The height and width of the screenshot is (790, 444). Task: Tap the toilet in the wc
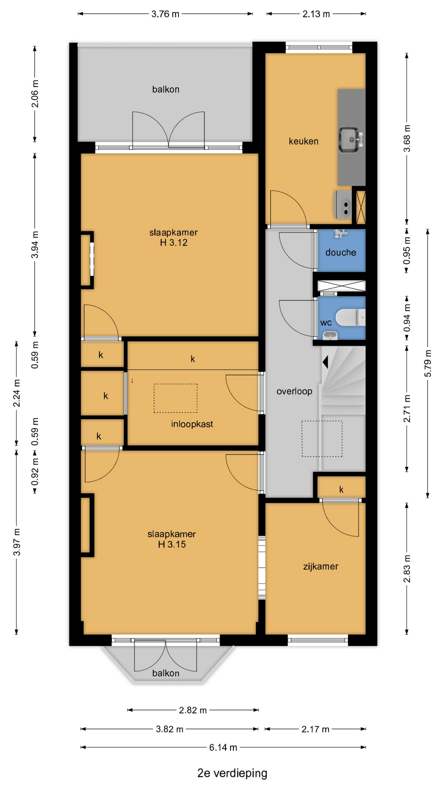coord(350,318)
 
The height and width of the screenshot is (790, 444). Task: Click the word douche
coord(341,252)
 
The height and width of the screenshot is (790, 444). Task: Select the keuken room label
coord(303,141)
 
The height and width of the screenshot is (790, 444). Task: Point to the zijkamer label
coord(321,566)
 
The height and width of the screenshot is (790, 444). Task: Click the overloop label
coord(294,391)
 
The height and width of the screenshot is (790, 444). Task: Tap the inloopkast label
coord(192,424)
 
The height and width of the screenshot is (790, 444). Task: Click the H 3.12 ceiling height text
coord(173,243)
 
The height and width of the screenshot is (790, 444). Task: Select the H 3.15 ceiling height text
coord(172,544)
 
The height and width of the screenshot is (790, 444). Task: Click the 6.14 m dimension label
coord(223,747)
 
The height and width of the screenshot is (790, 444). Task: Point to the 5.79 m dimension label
coord(428,363)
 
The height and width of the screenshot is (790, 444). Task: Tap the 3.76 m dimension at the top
coord(165,14)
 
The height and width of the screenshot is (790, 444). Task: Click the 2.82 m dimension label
coord(193,710)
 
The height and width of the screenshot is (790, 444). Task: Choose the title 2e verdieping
coord(232,773)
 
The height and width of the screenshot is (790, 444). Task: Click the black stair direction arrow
coord(325,362)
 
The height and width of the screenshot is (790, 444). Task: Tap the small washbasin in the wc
coord(330,336)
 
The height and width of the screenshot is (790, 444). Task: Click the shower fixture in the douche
coord(341,234)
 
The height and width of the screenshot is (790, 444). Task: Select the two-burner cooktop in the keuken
coord(344,204)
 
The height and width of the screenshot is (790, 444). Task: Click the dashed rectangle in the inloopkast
coord(176,398)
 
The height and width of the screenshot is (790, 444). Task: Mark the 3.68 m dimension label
coord(407,138)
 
